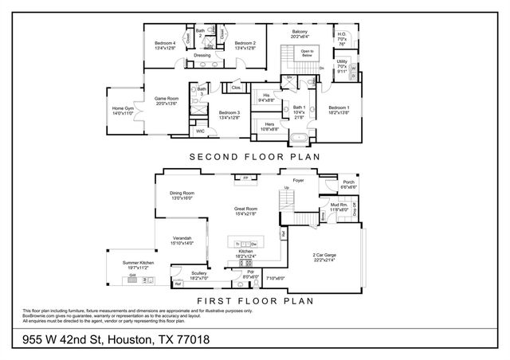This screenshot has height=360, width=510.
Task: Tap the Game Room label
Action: [166, 99]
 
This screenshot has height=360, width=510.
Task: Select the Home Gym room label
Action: [123, 108]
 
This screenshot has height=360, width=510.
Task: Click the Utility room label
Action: [342, 61]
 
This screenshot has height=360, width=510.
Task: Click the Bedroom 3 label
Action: [229, 112]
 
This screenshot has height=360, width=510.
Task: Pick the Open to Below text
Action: [307, 52]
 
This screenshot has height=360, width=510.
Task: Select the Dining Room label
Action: [182, 193]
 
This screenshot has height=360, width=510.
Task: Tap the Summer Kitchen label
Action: [138, 263]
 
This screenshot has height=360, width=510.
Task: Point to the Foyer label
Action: [299, 181]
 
